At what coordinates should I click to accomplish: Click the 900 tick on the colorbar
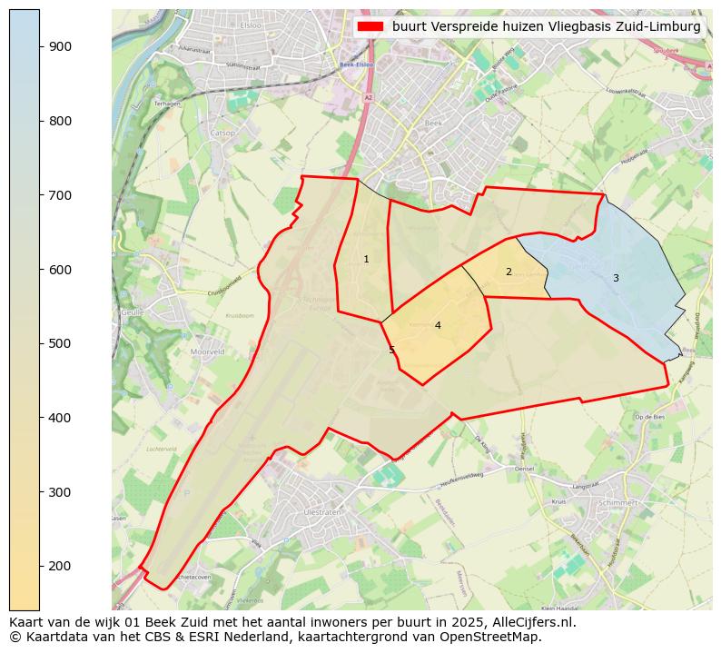point(40,46)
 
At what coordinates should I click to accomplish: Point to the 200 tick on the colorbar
point(40,566)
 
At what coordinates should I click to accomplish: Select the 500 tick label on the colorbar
point(59,343)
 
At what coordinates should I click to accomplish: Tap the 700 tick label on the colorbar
point(59,195)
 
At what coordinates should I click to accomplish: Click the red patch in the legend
point(370,27)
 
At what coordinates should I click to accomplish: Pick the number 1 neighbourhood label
point(366,260)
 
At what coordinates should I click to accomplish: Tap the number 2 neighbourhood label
point(509,272)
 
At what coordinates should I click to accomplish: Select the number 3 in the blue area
point(616,278)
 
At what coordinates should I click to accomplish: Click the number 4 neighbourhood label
point(438,325)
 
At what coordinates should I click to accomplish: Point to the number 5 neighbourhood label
point(392,350)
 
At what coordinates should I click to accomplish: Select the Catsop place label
point(222,134)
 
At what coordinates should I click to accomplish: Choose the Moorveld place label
point(207,351)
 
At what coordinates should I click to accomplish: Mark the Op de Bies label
point(650,416)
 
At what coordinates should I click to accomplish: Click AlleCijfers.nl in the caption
point(529,623)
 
